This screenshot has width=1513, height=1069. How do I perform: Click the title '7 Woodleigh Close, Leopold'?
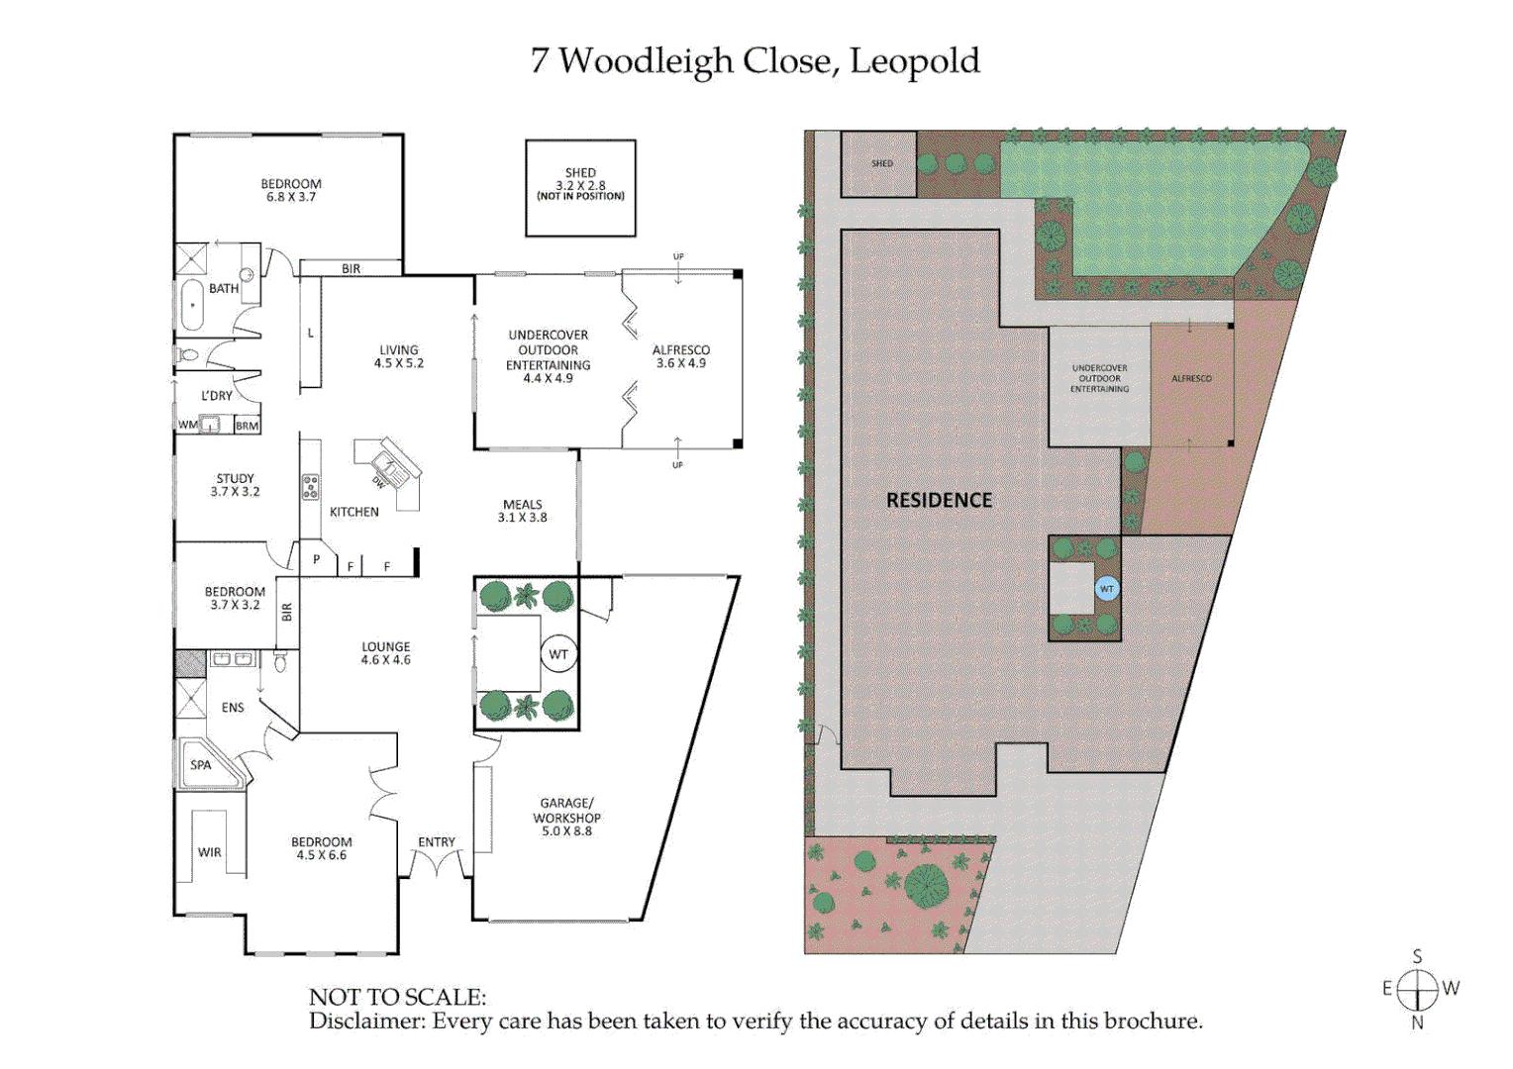click(755, 61)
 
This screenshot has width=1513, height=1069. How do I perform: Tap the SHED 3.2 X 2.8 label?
click(580, 183)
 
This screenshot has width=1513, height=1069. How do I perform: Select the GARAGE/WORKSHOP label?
click(566, 817)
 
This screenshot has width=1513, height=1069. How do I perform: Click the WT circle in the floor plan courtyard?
click(558, 654)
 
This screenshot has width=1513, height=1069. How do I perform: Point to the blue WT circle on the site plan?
click(1107, 589)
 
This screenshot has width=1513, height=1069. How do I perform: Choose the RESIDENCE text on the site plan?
click(939, 501)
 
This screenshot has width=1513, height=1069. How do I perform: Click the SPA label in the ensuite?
click(201, 765)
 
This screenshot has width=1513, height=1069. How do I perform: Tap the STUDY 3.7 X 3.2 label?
click(235, 484)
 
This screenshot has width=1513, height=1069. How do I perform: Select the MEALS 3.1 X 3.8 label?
click(522, 511)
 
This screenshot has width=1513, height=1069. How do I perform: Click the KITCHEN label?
click(353, 512)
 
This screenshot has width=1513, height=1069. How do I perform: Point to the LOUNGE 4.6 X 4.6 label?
click(385, 653)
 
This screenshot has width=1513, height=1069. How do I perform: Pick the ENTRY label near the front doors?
click(437, 842)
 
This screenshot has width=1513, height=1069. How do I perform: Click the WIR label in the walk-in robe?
click(209, 852)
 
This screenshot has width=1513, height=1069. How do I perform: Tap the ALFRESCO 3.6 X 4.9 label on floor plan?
click(681, 356)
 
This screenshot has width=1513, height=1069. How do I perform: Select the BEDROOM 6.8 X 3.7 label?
click(291, 190)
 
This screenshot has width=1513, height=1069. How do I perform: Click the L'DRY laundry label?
click(217, 396)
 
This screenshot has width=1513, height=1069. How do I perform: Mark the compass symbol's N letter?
click(1417, 1023)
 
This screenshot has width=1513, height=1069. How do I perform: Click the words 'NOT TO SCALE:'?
click(397, 997)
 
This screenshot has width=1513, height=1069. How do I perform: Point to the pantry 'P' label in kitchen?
click(316, 559)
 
